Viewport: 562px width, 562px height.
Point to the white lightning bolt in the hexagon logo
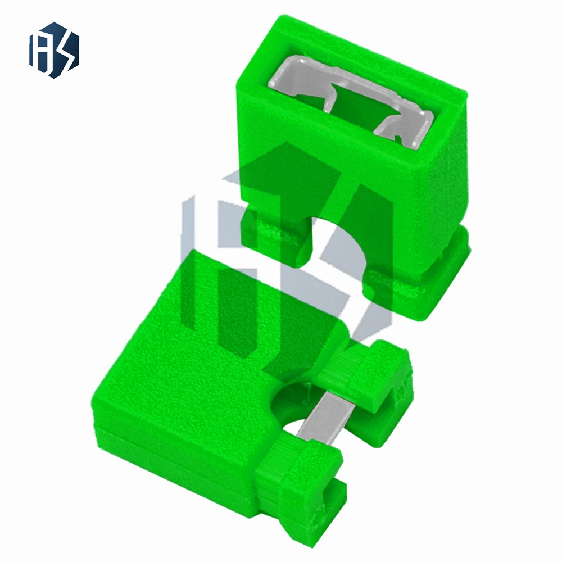pos(65,51)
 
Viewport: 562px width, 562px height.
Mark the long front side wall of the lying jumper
pos(169,450)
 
